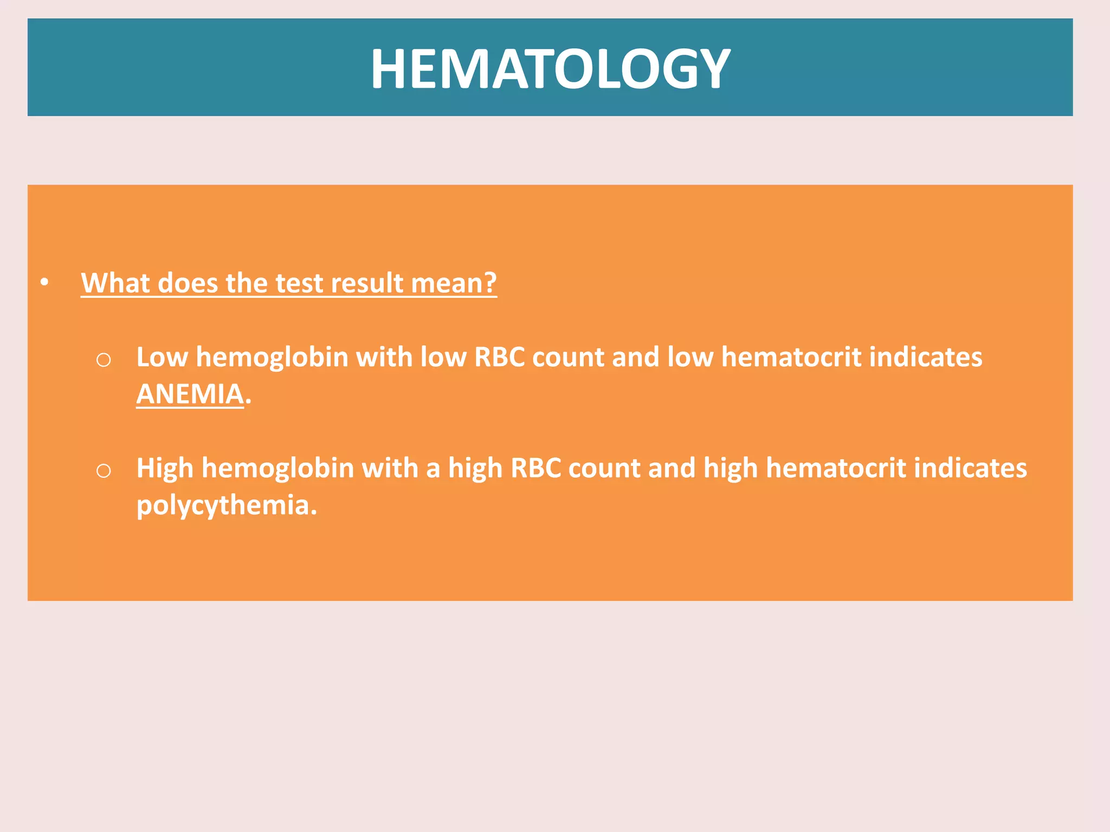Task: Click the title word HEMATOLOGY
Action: tap(550, 68)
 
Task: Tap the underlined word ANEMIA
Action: tap(190, 394)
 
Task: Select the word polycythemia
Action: tap(226, 505)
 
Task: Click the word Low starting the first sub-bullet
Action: tap(162, 357)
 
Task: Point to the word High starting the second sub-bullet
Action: tap(165, 468)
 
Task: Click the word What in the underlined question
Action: tap(115, 283)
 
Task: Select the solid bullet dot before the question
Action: tap(44, 282)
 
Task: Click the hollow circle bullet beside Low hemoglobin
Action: tap(104, 360)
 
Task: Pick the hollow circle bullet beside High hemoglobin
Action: tap(104, 471)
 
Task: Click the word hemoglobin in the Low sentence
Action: tap(272, 357)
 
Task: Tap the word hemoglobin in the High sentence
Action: tap(277, 468)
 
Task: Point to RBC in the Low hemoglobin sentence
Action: tap(499, 357)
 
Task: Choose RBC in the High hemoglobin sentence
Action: tap(535, 468)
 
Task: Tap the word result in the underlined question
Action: tap(367, 283)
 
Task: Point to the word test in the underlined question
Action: tap(300, 283)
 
